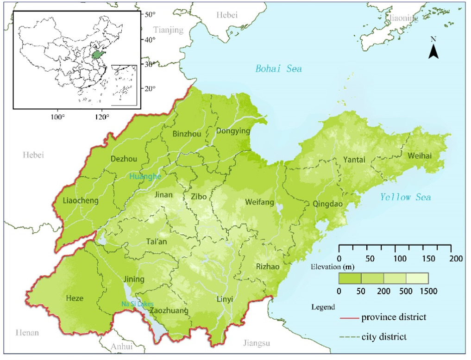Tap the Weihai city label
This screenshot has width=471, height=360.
coord(420,156)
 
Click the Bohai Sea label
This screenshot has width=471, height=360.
coord(278,69)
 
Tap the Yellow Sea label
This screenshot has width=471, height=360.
coord(405,198)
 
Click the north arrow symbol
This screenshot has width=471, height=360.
coord(433,50)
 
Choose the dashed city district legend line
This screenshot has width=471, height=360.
coord(348,337)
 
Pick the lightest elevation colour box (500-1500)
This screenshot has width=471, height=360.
coord(417,278)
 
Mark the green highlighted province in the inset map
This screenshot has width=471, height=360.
coord(97,55)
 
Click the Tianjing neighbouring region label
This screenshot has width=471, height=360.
coord(169,30)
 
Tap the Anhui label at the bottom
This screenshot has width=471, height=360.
coord(121,347)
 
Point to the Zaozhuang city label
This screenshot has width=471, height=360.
coord(169,310)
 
